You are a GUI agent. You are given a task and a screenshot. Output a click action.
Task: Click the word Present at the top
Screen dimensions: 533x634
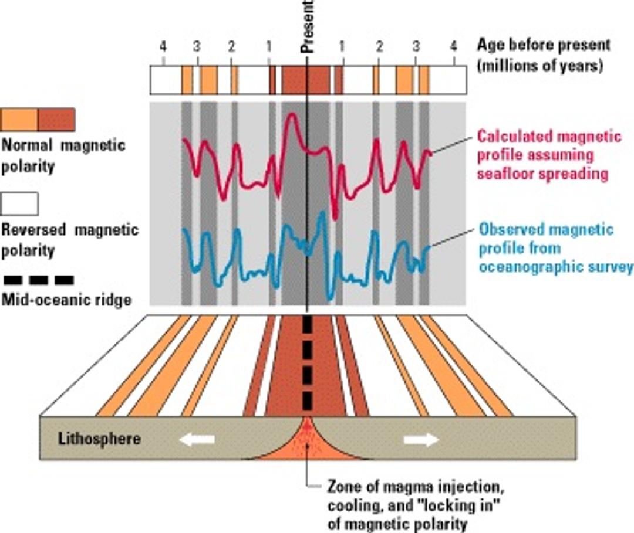pyautogui.click(x=309, y=26)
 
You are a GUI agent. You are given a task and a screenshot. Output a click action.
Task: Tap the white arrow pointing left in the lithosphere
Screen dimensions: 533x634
pyautogui.click(x=197, y=439)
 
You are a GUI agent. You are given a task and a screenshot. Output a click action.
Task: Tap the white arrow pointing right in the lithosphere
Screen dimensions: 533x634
pyautogui.click(x=421, y=439)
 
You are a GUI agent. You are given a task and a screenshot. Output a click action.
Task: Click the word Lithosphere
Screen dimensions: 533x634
pyautogui.click(x=99, y=439)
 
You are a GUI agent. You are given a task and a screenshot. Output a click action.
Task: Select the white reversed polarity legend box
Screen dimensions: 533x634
pyautogui.click(x=20, y=203)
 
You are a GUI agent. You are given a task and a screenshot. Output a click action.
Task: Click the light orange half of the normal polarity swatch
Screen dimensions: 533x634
pyautogui.click(x=19, y=120)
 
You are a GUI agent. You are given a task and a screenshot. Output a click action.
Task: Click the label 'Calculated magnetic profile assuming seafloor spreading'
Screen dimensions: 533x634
pyautogui.click(x=548, y=155)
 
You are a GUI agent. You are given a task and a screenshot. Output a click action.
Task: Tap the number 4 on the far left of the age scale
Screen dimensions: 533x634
pyautogui.click(x=164, y=46)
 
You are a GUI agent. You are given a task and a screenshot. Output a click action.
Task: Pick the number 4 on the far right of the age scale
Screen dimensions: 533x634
pyautogui.click(x=453, y=46)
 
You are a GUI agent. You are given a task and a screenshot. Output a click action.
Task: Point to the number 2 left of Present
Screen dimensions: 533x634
pyautogui.click(x=232, y=46)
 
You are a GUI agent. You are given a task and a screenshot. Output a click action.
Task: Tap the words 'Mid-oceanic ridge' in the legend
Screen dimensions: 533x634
pyautogui.click(x=66, y=301)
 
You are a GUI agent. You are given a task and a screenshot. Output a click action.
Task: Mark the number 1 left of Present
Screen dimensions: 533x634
pyautogui.click(x=269, y=46)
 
